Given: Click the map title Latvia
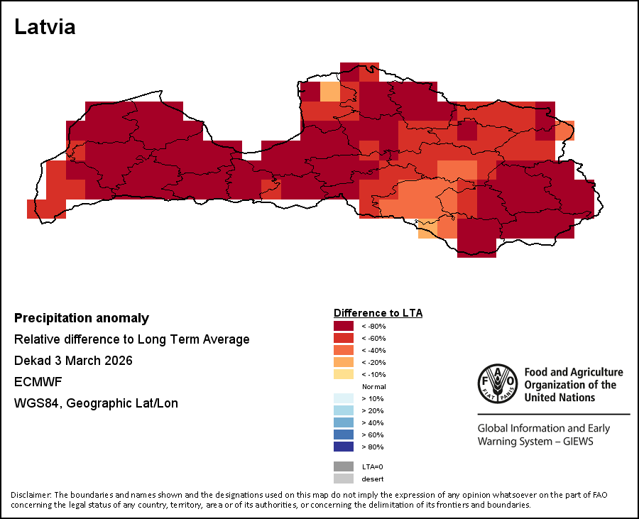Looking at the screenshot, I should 45,28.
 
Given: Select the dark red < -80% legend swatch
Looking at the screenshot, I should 344,326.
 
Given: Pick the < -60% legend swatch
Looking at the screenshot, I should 344,338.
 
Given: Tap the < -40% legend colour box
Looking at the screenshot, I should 344,350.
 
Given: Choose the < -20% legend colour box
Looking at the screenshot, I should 344,362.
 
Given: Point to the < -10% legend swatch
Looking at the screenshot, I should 344,374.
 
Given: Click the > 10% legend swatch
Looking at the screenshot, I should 344,398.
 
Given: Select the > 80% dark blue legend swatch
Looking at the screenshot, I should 344,447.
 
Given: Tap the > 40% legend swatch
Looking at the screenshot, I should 344,422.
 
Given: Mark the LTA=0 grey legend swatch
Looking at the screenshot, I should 344,466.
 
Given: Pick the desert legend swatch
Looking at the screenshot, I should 344,479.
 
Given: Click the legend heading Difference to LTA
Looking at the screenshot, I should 378,313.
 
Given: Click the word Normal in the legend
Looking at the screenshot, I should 373,386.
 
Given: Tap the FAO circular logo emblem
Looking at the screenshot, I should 497,383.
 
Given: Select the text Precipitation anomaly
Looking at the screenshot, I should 82,318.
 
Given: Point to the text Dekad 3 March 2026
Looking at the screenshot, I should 73,361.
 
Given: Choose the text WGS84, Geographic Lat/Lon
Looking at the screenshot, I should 96,403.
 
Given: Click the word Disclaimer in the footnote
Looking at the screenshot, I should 31,495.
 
